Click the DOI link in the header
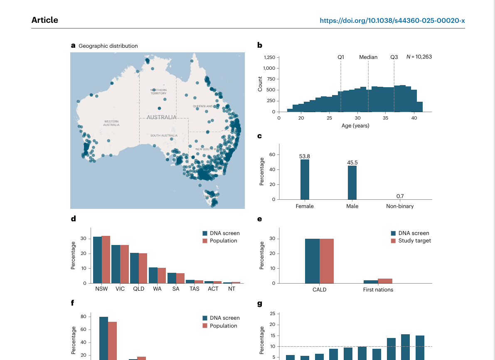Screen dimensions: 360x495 coord(392,20)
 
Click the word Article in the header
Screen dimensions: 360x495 coord(45,20)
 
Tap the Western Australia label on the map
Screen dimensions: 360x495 coord(111,123)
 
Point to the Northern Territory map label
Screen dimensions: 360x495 coord(159,92)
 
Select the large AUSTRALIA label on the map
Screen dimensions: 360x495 coord(162,118)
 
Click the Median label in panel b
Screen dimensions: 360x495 coord(368,57)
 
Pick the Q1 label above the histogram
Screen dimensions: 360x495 coord(341,57)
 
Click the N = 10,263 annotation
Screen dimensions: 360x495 coord(419,56)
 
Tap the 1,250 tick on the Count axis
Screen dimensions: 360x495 coord(269,57)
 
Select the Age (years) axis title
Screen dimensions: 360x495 coord(355,126)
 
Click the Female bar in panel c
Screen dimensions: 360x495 coord(305,179)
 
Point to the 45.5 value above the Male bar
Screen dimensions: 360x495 coord(352,162)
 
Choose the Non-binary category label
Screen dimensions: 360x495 coord(400,206)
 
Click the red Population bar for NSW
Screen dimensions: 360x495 coord(106,260)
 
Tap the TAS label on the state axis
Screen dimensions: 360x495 coord(195,289)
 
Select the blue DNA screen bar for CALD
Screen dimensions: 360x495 coord(312,261)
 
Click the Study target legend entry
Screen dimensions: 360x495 coord(414,241)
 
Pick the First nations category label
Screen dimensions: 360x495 coord(378,289)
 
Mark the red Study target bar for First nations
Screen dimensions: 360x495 coord(385,281)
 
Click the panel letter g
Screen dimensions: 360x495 coord(260,304)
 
